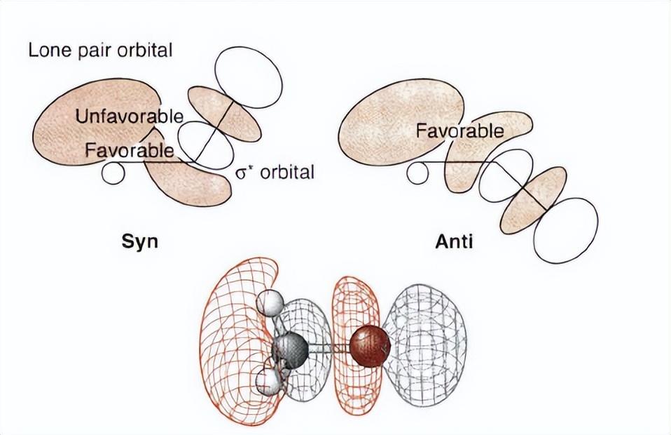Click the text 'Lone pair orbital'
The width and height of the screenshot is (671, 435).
coord(100,51)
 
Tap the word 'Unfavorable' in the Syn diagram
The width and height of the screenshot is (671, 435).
coord(130,116)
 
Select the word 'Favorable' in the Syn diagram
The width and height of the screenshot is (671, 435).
coord(129,149)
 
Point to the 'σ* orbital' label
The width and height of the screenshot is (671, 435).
coord(275,172)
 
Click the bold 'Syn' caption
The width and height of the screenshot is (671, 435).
coord(139,242)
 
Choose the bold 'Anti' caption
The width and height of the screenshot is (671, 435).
coord(454,242)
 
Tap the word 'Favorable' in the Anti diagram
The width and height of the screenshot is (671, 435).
coord(459,130)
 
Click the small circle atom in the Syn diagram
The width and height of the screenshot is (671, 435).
coord(112,172)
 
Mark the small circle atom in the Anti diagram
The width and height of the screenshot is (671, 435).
coord(418,172)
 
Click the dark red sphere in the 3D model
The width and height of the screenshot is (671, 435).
coord(369,347)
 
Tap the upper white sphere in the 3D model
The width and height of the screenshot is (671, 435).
coord(271,303)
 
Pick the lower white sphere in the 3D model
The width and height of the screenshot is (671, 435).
coord(268,383)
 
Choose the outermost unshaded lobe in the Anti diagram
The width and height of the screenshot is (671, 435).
coord(565,230)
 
